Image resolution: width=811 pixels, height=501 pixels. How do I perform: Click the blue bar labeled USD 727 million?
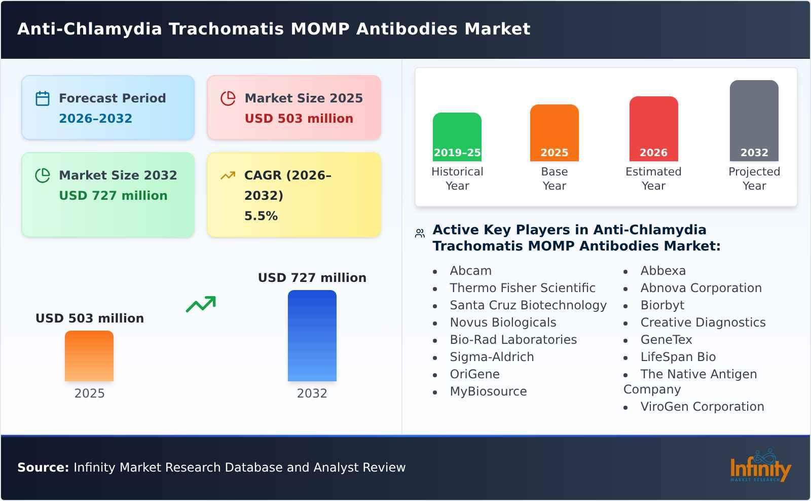pyautogui.click(x=312, y=335)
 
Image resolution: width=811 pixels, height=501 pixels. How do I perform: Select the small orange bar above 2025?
pyautogui.click(x=89, y=355)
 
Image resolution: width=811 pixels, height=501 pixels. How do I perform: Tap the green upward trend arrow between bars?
pyautogui.click(x=201, y=304)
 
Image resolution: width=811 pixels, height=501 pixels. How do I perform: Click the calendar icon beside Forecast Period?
pyautogui.click(x=43, y=98)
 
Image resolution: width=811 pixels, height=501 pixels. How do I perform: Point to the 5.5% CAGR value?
pyautogui.click(x=261, y=216)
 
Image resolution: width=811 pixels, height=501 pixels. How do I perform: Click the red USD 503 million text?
pyautogui.click(x=299, y=119)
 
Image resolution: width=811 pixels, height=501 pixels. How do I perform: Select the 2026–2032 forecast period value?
pyautogui.click(x=95, y=119)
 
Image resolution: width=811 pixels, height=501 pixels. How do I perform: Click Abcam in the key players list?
pyautogui.click(x=470, y=271)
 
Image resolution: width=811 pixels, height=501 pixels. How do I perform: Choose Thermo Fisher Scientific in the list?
pyautogui.click(x=522, y=288)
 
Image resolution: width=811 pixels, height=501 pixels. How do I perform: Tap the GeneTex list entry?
pyautogui.click(x=666, y=340)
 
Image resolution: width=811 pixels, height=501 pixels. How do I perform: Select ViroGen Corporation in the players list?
pyautogui.click(x=702, y=407)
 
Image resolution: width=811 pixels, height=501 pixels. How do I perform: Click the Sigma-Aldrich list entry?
pyautogui.click(x=492, y=357)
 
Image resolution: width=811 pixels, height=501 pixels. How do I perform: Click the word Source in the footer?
pyautogui.click(x=43, y=468)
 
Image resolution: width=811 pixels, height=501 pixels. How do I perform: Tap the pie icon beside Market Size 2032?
pyautogui.click(x=43, y=175)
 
